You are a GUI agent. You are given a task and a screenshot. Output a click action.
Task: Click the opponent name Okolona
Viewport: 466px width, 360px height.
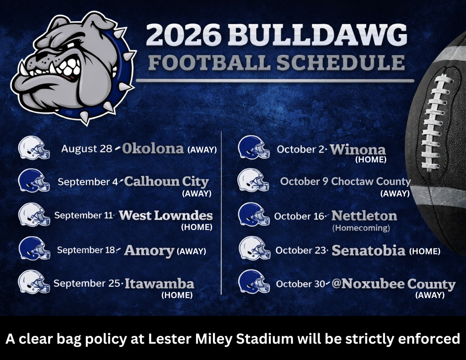tap(153, 148)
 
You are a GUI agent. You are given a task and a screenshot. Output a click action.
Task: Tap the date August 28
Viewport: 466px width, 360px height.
tap(86, 149)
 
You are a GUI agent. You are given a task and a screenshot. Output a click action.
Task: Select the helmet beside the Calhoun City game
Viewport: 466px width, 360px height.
tap(34, 180)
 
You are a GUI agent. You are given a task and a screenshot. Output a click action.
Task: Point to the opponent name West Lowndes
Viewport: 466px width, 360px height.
tap(166, 216)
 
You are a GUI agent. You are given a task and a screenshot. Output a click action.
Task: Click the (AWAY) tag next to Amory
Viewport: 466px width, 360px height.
tap(192, 251)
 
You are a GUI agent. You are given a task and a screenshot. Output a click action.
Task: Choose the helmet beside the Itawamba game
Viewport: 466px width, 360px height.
tap(34, 282)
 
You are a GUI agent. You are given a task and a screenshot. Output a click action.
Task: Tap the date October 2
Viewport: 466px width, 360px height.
tap(300, 149)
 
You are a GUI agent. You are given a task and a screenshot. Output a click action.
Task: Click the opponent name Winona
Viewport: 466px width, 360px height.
tap(358, 149)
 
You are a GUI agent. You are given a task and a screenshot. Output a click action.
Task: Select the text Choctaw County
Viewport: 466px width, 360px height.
tap(370, 182)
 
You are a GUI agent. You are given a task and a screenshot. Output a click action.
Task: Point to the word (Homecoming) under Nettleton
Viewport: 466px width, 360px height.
tap(361, 228)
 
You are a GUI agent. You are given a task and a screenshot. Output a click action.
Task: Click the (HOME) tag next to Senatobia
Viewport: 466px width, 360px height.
tap(425, 252)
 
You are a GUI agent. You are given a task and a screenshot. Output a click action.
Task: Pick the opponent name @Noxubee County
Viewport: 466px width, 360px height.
tap(394, 284)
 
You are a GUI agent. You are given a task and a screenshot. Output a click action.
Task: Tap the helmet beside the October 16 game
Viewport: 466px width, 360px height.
tap(254, 214)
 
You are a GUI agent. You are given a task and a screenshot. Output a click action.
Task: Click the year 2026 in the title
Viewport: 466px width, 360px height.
tap(183, 34)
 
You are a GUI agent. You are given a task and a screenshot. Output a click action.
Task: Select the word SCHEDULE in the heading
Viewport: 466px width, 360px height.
tap(340, 62)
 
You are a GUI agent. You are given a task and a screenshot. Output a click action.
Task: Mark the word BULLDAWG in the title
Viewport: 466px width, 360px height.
tap(317, 34)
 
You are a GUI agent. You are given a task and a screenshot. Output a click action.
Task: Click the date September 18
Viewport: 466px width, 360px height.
tap(86, 250)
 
